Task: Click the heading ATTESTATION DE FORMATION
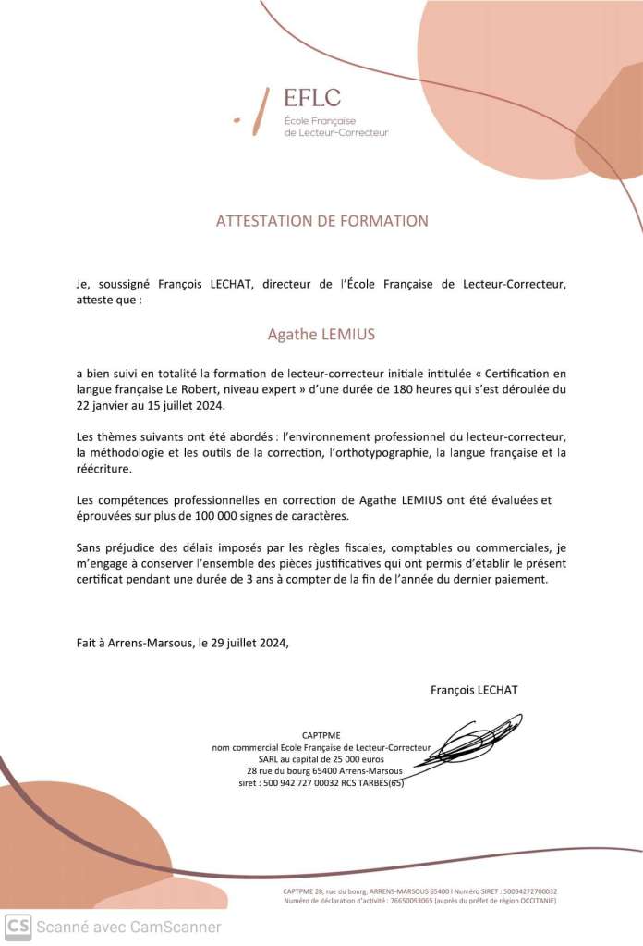pyautogui.click(x=321, y=221)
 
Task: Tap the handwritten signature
pyautogui.click(x=467, y=743)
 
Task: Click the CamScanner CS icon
pyautogui.click(x=18, y=925)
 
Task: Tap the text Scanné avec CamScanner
pyautogui.click(x=129, y=926)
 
